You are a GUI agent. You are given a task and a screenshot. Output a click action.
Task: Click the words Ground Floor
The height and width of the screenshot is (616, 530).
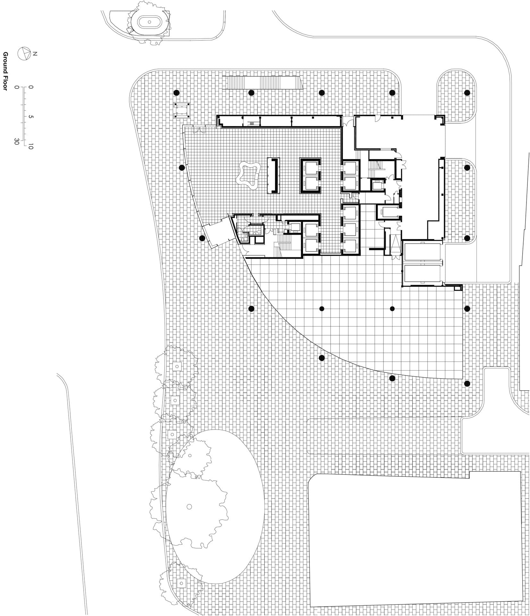tap(5, 71)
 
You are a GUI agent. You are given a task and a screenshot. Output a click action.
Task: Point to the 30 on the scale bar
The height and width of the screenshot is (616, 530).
tap(16, 141)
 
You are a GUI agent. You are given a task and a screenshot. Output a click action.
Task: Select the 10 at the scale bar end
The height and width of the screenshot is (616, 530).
tap(31, 146)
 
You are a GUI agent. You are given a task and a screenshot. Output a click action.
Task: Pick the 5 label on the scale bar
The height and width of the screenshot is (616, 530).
tap(31, 117)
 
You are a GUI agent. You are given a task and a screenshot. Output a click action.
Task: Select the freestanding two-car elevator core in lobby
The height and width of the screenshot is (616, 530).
tap(310, 176)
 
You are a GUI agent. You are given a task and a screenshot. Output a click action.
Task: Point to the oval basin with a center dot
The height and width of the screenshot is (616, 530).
tap(150, 22)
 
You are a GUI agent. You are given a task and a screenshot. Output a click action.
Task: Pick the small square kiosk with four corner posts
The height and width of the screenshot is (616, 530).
tap(182, 110)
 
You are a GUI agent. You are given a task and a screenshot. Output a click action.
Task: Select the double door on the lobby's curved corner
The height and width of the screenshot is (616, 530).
tap(200, 130)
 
